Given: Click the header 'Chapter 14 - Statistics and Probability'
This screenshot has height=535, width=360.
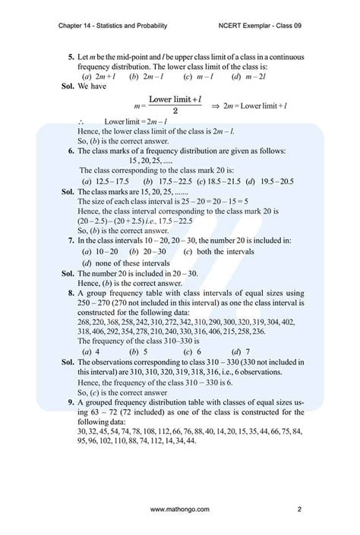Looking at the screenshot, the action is tap(112, 24).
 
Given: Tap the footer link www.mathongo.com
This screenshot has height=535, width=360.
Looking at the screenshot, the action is tap(180, 509).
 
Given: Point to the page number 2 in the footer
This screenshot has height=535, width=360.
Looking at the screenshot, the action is tap(301, 509).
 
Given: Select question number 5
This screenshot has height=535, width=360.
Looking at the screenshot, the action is tap(70, 57).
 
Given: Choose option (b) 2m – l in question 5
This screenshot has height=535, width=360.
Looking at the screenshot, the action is tap(145, 77).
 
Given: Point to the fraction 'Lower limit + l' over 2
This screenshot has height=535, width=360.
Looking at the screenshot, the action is tap(174, 105).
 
